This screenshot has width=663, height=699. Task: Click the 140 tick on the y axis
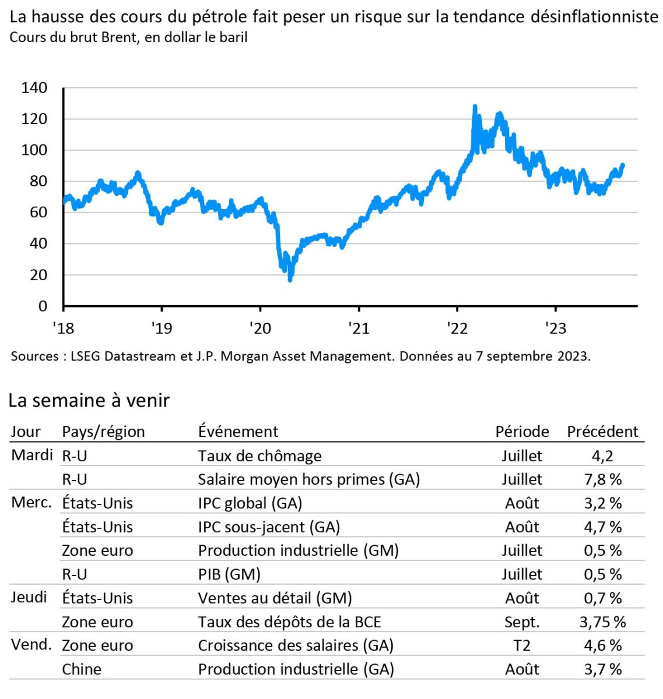(34, 88)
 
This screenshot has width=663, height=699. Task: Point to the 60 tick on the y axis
(34, 213)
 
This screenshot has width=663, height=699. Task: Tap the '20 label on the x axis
(260, 329)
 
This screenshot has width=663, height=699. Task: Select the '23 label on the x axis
(555, 329)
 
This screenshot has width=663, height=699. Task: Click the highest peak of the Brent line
(475, 106)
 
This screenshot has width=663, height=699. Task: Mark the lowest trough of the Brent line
(290, 281)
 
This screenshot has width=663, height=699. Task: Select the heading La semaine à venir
(89, 401)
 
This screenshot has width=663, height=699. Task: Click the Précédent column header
(602, 432)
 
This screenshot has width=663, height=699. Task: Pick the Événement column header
(238, 432)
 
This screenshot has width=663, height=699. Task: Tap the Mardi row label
(32, 455)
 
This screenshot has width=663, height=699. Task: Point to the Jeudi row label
(29, 597)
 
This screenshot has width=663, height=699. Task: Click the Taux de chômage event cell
(259, 456)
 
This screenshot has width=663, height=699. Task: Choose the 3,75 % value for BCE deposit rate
(602, 622)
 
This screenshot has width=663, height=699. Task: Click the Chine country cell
(82, 669)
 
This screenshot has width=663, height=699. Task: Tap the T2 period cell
(522, 645)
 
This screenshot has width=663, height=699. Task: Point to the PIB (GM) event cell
(229, 574)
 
